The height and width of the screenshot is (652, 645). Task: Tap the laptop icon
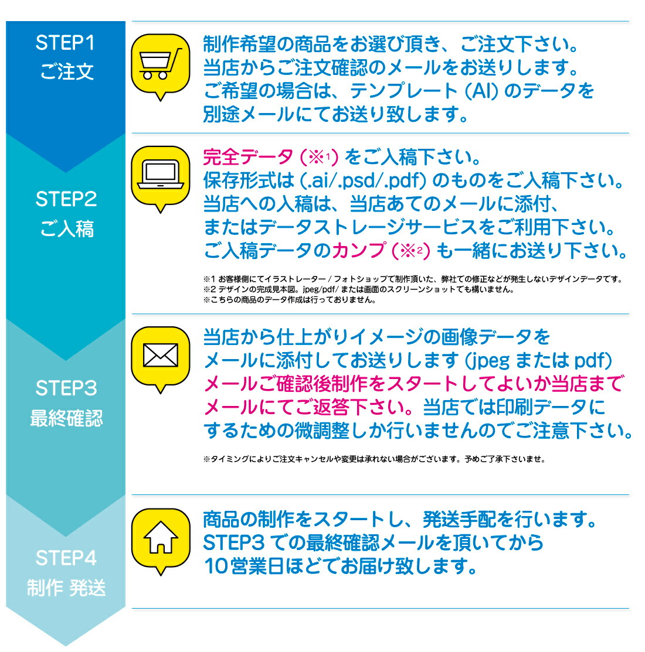(x=160, y=175)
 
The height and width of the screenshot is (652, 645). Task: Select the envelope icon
(x=160, y=355)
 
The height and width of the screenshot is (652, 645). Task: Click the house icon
(x=160, y=537)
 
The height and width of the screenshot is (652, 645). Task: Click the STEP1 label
(x=65, y=43)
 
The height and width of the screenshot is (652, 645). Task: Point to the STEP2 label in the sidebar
(x=66, y=199)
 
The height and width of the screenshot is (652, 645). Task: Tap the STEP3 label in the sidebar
(x=66, y=388)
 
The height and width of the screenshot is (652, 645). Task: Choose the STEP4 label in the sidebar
(x=66, y=558)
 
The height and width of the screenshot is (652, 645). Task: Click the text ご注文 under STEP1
(x=66, y=72)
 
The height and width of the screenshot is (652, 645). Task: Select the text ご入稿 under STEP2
(x=66, y=228)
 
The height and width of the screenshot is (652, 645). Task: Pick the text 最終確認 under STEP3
(x=66, y=418)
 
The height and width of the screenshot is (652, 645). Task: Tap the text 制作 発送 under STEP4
(x=66, y=587)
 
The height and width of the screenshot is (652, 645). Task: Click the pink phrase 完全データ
(x=247, y=157)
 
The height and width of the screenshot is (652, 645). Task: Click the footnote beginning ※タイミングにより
(x=374, y=459)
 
